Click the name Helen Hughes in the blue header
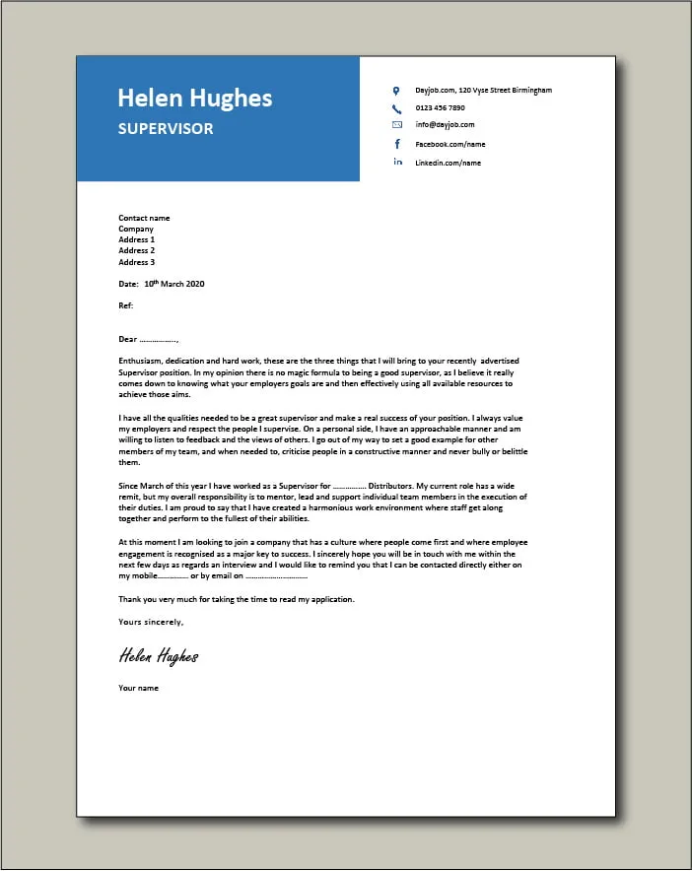click(195, 98)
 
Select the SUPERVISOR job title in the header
click(165, 128)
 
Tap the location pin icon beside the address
click(397, 91)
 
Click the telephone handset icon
click(397, 108)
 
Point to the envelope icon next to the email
click(397, 125)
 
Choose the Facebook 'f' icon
click(397, 144)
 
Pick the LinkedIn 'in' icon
click(397, 162)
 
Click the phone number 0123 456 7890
click(440, 108)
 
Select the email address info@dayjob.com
click(445, 125)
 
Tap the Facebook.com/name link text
click(450, 144)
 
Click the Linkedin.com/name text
click(448, 163)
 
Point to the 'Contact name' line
click(144, 218)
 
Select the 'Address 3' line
click(136, 262)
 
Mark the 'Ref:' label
click(125, 306)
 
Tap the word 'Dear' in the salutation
click(127, 340)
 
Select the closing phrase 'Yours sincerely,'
click(150, 622)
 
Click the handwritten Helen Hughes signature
click(159, 655)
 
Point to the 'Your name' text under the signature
click(138, 688)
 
